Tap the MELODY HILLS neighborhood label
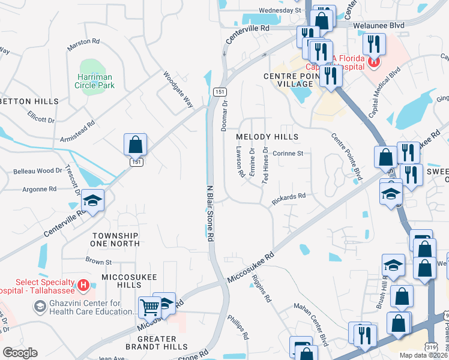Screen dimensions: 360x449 click(x=267, y=137)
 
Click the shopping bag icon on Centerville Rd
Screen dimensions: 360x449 click(x=136, y=145)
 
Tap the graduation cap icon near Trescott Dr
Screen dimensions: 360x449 click(x=93, y=200)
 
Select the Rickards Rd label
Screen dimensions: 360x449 click(x=289, y=199)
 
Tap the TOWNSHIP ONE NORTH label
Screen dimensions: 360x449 click(x=115, y=239)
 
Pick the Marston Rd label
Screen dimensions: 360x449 click(x=83, y=41)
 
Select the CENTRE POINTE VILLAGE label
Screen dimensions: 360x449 click(x=289, y=80)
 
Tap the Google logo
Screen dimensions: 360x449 click(x=20, y=353)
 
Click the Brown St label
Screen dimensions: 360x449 click(x=98, y=262)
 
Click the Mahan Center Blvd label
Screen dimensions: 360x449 click(x=310, y=324)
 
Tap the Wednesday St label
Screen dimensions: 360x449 click(x=280, y=11)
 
